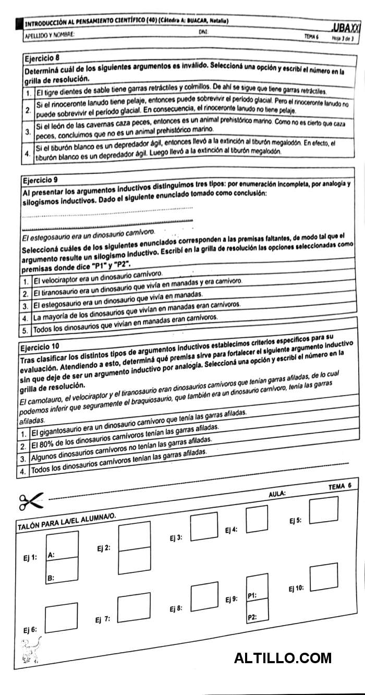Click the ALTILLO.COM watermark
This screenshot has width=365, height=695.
tap(283, 658)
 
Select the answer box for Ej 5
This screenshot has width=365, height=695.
tap(323, 511)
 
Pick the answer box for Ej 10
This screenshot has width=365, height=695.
tap(323, 576)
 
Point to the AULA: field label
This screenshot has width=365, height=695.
tap(277, 493)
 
